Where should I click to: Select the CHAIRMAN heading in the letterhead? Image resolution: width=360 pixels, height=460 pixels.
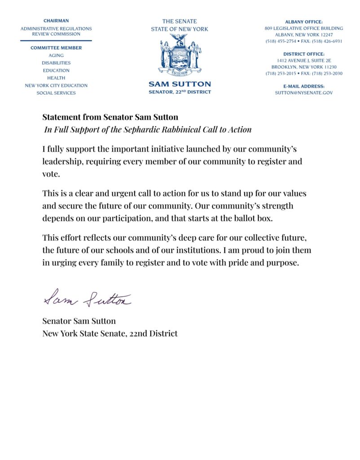[56, 21]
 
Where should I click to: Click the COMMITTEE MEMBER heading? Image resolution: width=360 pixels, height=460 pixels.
[56, 48]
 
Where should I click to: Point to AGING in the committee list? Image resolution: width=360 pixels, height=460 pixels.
[56, 55]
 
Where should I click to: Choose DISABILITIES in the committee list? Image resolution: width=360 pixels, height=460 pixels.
[56, 63]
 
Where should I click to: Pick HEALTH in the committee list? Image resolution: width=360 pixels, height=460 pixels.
[56, 78]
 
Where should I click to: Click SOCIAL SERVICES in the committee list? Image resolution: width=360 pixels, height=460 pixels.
[56, 93]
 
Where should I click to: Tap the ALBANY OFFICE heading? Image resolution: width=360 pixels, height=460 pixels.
[303, 22]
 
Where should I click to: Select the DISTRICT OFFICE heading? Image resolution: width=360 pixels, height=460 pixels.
[303, 54]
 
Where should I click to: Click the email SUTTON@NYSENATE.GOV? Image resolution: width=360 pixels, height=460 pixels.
[303, 93]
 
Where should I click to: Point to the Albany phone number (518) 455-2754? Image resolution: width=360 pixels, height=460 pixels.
[281, 41]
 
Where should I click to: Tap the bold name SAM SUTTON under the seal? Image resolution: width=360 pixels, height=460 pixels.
[180, 84]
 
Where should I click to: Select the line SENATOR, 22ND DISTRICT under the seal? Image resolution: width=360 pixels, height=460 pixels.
[180, 92]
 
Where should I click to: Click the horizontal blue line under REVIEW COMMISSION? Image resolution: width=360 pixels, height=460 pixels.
[56, 41]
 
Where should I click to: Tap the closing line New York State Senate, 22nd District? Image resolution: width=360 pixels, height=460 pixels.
[110, 333]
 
